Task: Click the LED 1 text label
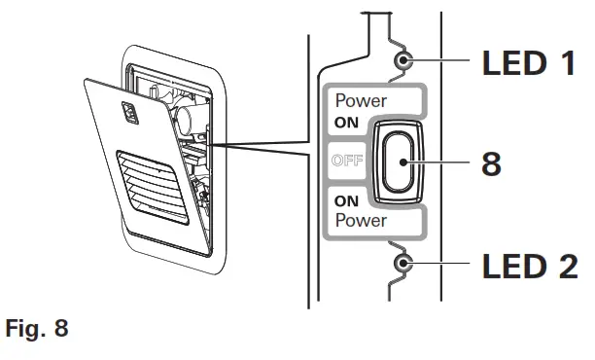click(x=529, y=62)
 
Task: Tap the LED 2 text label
click(x=530, y=266)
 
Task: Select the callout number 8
click(x=491, y=163)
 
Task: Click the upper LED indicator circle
click(x=403, y=60)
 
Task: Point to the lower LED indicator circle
click(x=402, y=263)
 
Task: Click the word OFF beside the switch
click(x=347, y=161)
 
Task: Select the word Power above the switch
click(x=361, y=100)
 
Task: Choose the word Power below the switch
click(x=361, y=220)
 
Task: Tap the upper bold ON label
click(x=346, y=123)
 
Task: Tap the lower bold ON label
click(x=346, y=200)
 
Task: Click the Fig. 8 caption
click(x=37, y=328)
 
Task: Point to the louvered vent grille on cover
click(x=153, y=187)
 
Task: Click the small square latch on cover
click(x=129, y=113)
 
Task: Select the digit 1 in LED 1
click(x=568, y=62)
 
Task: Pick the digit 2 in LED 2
click(x=568, y=266)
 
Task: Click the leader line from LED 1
click(x=437, y=60)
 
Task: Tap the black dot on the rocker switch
click(x=403, y=162)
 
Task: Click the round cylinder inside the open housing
click(x=185, y=118)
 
